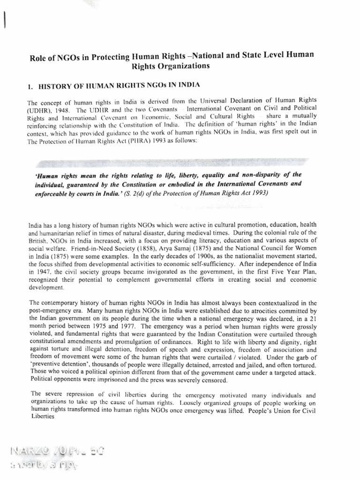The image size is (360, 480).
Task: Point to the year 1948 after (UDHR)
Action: pos(63,109)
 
